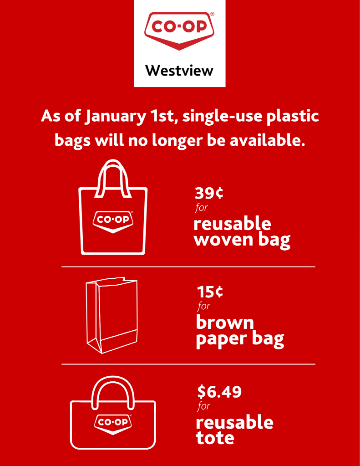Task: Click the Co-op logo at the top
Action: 179,31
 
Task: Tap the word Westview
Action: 179,71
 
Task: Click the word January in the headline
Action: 115,117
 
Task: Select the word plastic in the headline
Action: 293,116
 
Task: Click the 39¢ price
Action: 209,193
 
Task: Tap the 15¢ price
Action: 210,292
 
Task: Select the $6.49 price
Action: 219,392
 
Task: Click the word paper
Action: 222,340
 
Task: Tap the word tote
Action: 215,438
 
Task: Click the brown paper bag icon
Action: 112,315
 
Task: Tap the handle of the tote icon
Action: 113,378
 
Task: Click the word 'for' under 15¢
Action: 204,306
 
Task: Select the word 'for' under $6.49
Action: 204,406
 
